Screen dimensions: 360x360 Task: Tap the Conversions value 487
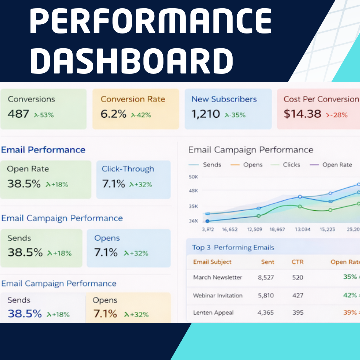coord(18,114)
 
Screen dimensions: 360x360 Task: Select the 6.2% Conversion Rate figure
coord(113,114)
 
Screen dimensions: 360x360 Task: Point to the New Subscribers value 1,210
coord(206,114)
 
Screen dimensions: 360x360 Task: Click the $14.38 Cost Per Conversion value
coord(302,114)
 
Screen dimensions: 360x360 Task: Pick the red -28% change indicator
coord(337,115)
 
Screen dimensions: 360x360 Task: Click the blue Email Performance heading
coord(43,150)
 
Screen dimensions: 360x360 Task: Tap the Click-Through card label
coord(128,169)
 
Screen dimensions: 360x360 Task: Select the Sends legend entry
coord(212,165)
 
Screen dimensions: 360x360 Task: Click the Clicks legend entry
coord(291,165)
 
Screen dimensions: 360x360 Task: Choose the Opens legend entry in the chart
coord(253,165)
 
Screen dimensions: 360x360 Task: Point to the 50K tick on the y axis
coord(193,177)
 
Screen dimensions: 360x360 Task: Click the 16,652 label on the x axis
coord(230,229)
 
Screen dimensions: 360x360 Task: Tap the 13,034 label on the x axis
coord(303,229)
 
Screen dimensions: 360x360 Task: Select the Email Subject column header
coord(212,262)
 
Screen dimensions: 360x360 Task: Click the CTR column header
coord(297,262)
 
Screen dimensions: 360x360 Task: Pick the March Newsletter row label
coord(217,277)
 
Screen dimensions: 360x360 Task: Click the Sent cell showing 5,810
coord(266,295)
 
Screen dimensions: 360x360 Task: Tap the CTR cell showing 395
coord(298,313)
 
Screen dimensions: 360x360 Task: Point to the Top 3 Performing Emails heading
coord(233,247)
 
